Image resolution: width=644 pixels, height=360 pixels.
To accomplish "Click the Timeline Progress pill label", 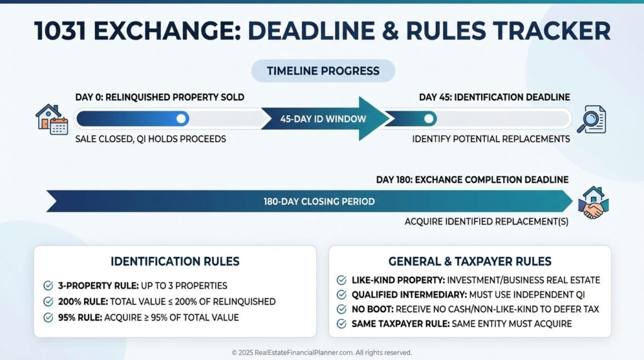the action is pyautogui.click(x=323, y=70).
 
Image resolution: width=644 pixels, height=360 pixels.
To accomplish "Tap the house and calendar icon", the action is pyautogui.click(x=52, y=119).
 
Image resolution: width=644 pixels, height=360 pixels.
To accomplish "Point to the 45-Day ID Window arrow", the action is pyautogui.click(x=325, y=119).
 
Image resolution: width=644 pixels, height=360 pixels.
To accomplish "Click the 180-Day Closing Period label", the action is pyautogui.click(x=319, y=201).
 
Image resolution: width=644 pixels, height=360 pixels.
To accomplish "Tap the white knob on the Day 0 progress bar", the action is pyautogui.click(x=181, y=119).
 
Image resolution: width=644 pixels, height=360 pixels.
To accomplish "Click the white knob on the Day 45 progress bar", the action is pyautogui.click(x=429, y=119).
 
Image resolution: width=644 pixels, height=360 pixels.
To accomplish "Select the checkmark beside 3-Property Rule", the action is pyautogui.click(x=48, y=286).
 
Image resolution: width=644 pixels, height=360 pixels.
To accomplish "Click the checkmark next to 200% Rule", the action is pyautogui.click(x=48, y=301).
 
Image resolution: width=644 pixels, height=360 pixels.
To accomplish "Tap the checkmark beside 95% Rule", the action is pyautogui.click(x=48, y=318).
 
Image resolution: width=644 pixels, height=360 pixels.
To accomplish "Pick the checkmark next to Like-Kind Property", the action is pyautogui.click(x=341, y=280).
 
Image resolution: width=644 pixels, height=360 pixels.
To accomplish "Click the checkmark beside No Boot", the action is pyautogui.click(x=341, y=309).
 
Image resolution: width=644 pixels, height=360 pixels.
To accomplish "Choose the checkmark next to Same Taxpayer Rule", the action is pyautogui.click(x=341, y=324).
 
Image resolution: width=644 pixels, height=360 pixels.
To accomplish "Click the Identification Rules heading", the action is pyautogui.click(x=175, y=261).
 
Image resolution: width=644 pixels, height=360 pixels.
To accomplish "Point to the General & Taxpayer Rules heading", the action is pyautogui.click(x=470, y=261).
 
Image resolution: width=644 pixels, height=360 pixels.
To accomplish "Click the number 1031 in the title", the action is pyautogui.click(x=60, y=31).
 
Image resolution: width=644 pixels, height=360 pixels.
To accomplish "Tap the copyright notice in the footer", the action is pyautogui.click(x=321, y=352).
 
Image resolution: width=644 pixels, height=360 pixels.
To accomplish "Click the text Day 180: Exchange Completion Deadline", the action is pyautogui.click(x=472, y=179).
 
